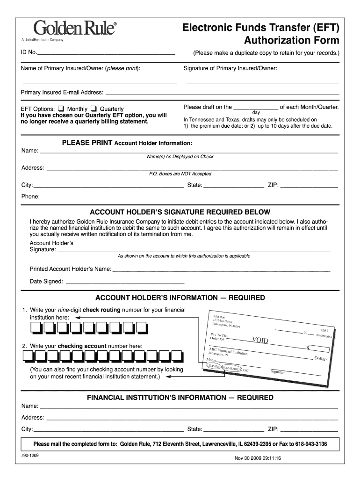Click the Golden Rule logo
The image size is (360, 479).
(x=68, y=29)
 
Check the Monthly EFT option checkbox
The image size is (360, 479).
(x=61, y=109)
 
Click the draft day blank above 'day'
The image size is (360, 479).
(x=256, y=107)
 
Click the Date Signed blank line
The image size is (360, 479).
(x=125, y=282)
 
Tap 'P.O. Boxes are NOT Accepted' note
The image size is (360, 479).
(x=180, y=174)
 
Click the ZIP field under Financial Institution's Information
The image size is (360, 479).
(x=309, y=429)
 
